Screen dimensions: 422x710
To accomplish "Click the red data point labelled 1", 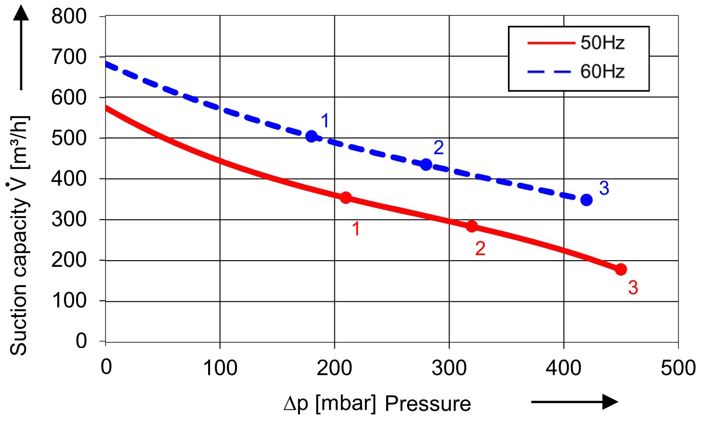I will tap(346, 198).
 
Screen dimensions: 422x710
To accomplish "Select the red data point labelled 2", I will tap(471, 226).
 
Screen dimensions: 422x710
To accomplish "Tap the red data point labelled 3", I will tap(621, 269).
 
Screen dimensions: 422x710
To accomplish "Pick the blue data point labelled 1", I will tap(312, 136).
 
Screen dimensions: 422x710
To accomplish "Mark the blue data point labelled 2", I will tap(426, 164).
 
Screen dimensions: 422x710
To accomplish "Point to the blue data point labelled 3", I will tap(586, 200).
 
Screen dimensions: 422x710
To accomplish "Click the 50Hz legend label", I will tap(602, 43).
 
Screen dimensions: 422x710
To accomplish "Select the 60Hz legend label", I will tap(602, 72).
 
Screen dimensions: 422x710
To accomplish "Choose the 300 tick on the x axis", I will tap(449, 366).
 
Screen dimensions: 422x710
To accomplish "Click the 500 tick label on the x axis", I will tap(678, 366).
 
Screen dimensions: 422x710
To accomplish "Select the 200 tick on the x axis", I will tap(334, 366).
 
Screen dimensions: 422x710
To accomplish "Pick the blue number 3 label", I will tap(604, 188).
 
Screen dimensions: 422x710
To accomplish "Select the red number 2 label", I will tap(480, 248).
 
